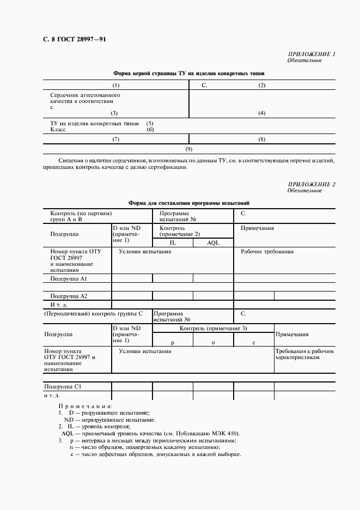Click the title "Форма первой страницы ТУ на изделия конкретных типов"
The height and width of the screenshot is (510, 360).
(189, 73)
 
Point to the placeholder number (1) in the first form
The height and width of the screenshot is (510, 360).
(116, 86)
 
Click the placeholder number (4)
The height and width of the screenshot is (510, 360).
(262, 113)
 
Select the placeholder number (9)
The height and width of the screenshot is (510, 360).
(189, 149)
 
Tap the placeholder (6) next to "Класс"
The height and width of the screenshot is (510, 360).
(150, 130)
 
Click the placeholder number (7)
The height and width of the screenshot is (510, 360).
(116, 139)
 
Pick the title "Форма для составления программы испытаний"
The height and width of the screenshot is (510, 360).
(189, 203)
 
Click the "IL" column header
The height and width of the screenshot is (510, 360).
(172, 242)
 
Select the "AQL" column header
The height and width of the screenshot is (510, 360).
(213, 242)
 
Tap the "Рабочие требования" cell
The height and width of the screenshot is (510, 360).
(267, 252)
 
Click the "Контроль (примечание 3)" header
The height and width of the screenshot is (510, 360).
(213, 328)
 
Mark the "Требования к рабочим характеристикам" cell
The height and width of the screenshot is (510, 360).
(304, 355)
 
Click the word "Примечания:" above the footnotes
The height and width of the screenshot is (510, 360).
(85, 406)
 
